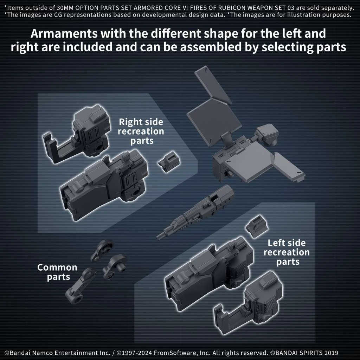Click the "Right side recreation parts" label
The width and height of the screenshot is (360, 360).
[141, 131]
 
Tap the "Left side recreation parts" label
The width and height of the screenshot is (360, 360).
[287, 252]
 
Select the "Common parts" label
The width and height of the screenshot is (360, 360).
[57, 272]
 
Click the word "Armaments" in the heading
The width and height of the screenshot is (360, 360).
[64, 34]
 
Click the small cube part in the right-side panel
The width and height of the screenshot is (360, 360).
[169, 162]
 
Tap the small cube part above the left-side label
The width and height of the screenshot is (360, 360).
[257, 226]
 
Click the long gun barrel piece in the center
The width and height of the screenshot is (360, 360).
[195, 212]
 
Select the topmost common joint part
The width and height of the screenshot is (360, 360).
[102, 250]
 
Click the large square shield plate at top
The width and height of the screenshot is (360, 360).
[214, 122]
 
